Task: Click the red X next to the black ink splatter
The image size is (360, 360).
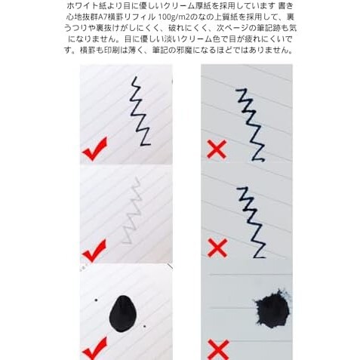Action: tap(217, 348)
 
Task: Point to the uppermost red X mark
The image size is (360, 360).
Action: tap(217, 149)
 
